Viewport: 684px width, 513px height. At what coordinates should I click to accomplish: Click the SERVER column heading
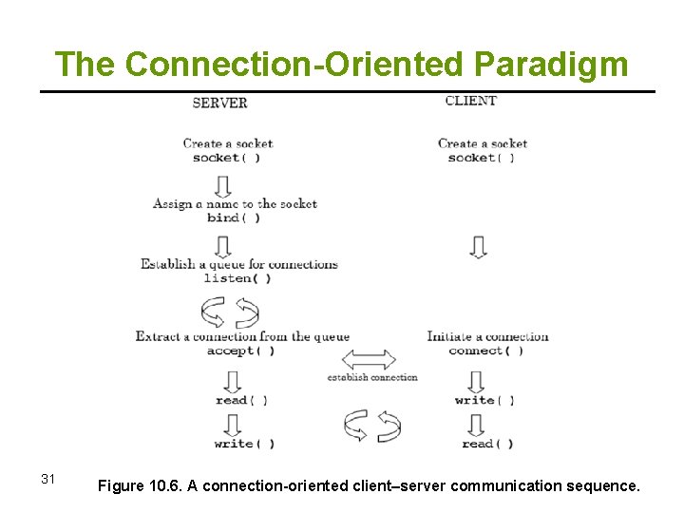(x=219, y=103)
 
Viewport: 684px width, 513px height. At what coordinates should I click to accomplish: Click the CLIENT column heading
(x=471, y=101)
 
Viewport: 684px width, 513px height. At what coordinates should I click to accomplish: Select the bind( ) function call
(x=234, y=218)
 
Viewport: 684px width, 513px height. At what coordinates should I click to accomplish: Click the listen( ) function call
(x=237, y=278)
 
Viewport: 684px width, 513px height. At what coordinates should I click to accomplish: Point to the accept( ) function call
(x=241, y=351)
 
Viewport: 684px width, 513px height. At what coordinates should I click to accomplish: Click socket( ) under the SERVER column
(x=226, y=158)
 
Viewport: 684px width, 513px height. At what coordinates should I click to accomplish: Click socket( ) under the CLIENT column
(x=481, y=158)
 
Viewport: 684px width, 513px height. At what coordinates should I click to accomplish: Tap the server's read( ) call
(x=241, y=400)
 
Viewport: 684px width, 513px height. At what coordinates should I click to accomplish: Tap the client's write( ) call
(x=484, y=400)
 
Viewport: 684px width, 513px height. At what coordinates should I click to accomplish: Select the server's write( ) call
(x=244, y=444)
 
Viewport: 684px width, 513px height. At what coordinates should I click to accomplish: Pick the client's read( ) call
(x=487, y=444)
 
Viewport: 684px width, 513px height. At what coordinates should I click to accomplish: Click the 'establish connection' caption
(x=372, y=377)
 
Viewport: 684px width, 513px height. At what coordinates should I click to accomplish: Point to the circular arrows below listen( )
(x=231, y=312)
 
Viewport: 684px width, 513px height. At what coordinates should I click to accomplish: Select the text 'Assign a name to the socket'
(x=235, y=203)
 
